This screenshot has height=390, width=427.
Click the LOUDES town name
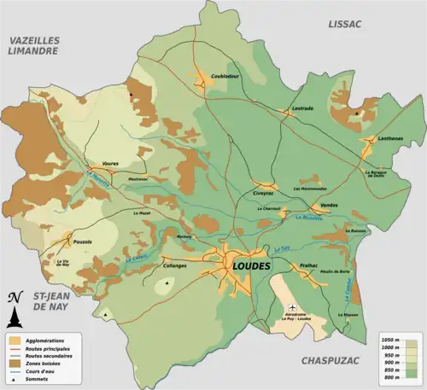point(251,266)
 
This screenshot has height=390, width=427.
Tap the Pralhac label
point(308,265)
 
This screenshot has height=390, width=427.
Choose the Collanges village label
point(174,265)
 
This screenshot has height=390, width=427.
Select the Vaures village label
point(110,162)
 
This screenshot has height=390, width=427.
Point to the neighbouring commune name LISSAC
point(344,24)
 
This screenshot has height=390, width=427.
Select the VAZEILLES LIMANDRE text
point(33,45)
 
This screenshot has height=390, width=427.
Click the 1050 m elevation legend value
point(389,340)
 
